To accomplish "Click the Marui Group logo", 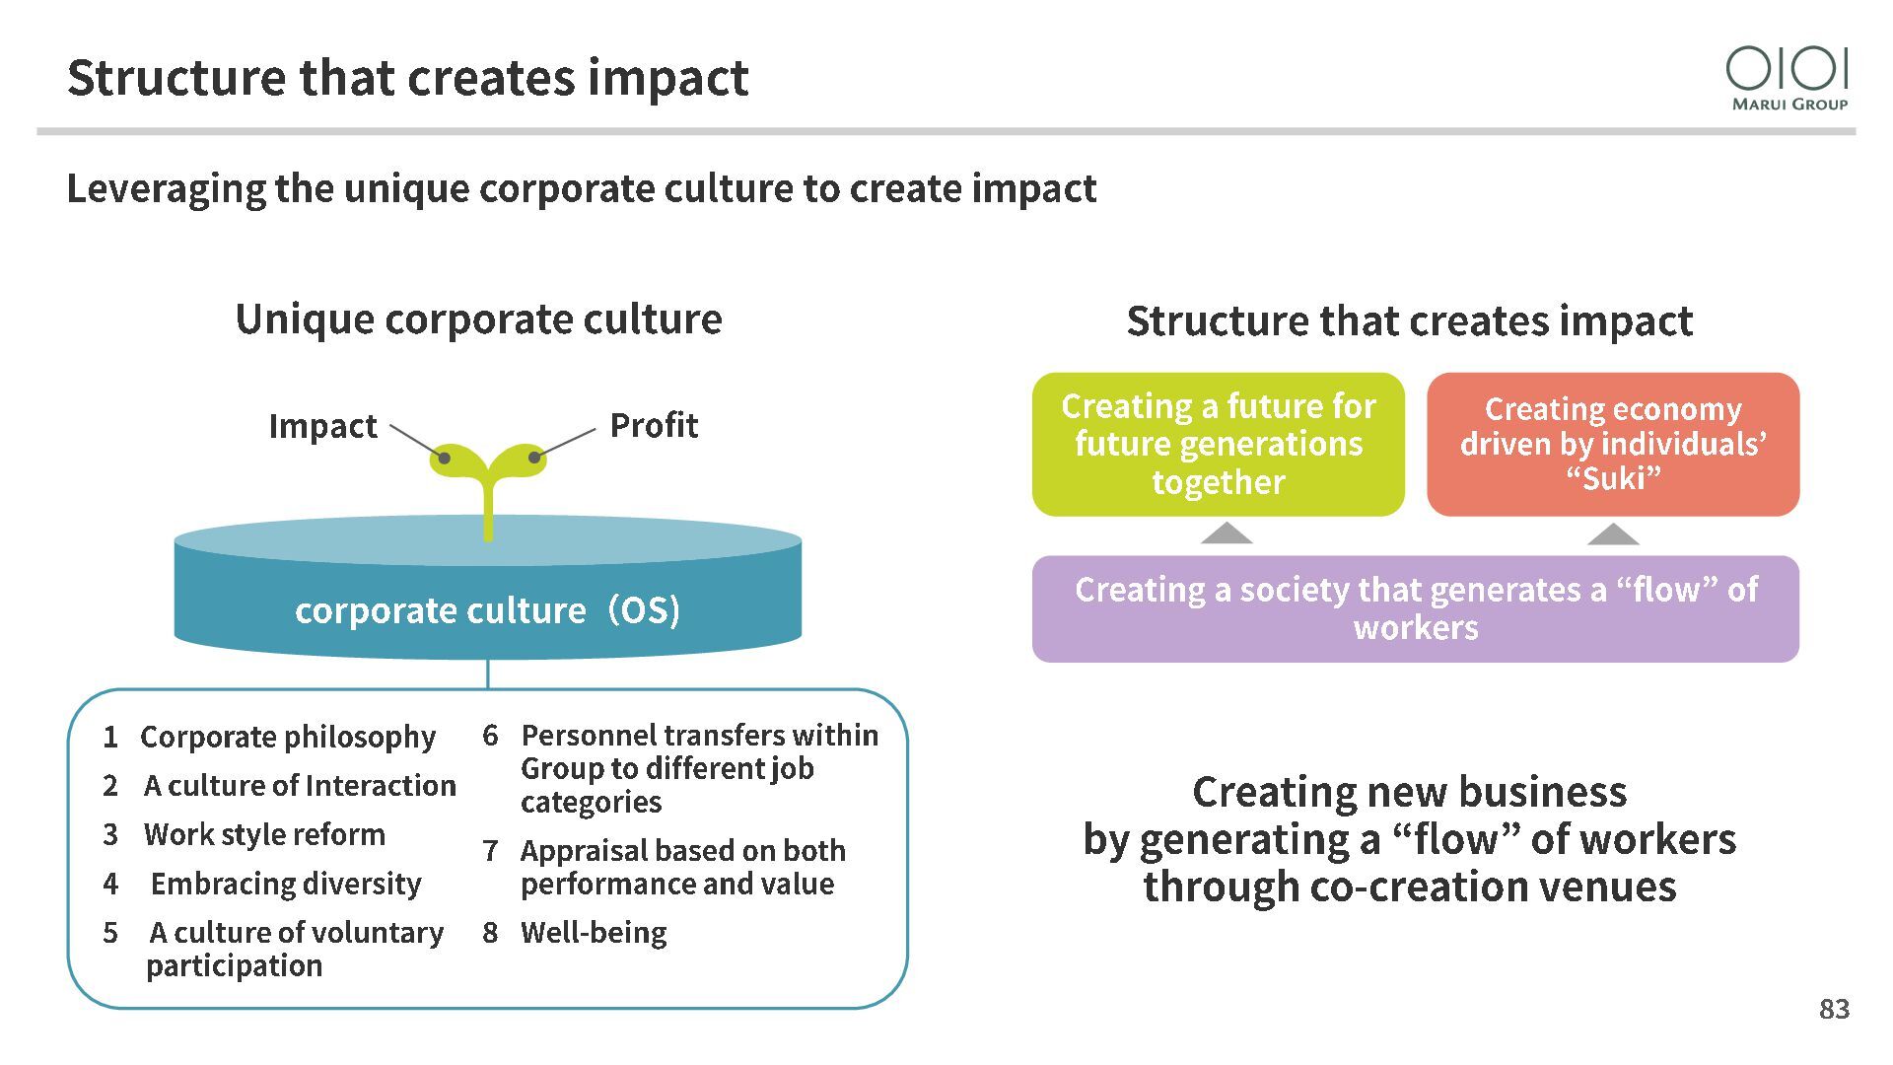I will click(1787, 78).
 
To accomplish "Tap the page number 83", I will click(1834, 1009).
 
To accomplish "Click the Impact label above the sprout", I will click(322, 426).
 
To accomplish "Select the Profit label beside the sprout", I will click(654, 425).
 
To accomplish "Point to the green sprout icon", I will click(488, 478).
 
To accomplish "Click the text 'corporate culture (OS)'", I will click(487, 610).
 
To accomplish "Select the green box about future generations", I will click(1218, 444).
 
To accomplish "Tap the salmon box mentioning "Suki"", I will click(1613, 444).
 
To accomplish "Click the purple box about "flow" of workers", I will click(1415, 608).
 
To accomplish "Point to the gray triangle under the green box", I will click(1227, 534).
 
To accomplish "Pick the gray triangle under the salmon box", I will click(1613, 534).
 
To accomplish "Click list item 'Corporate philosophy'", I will click(287, 737).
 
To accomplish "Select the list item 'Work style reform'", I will click(264, 834).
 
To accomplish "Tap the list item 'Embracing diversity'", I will click(286, 884).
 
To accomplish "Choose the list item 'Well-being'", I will click(594, 933).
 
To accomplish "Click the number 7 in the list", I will click(490, 850).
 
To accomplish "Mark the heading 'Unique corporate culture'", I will click(478, 319).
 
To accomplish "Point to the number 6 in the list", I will click(490, 736).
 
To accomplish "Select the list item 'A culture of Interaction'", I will click(300, 786).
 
